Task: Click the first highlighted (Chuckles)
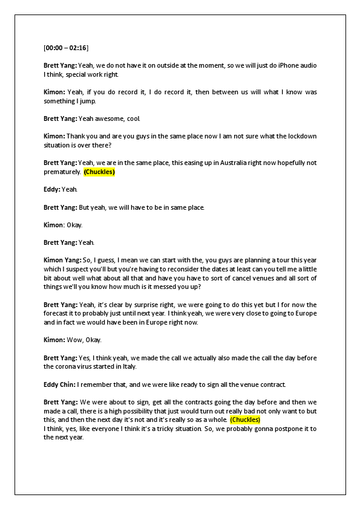tap(99, 172)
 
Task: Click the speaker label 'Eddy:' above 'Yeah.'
tap(52, 189)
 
